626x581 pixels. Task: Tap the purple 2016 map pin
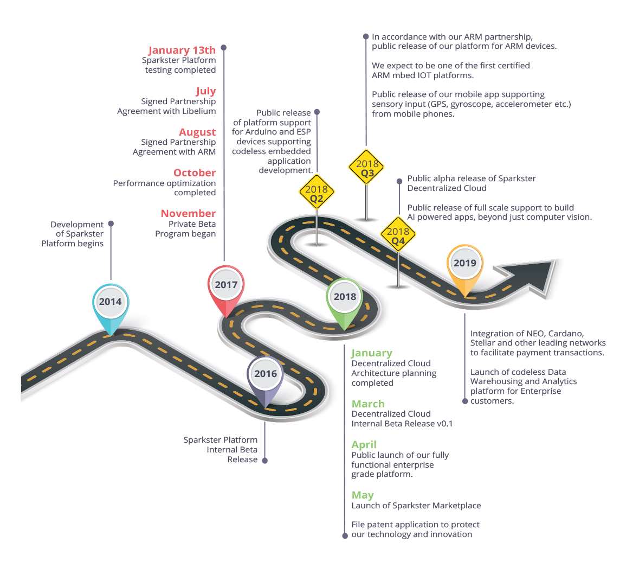[x=265, y=375]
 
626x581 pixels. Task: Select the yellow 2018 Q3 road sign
[x=367, y=168]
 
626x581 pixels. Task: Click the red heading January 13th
[x=182, y=50]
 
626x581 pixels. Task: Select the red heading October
[x=195, y=173]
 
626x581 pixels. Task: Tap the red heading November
[x=188, y=213]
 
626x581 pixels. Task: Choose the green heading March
[x=368, y=404]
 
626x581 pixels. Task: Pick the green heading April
[x=364, y=444]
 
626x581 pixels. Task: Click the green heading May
[x=363, y=495]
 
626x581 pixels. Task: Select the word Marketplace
[x=455, y=506]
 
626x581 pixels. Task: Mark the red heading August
[x=197, y=132]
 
